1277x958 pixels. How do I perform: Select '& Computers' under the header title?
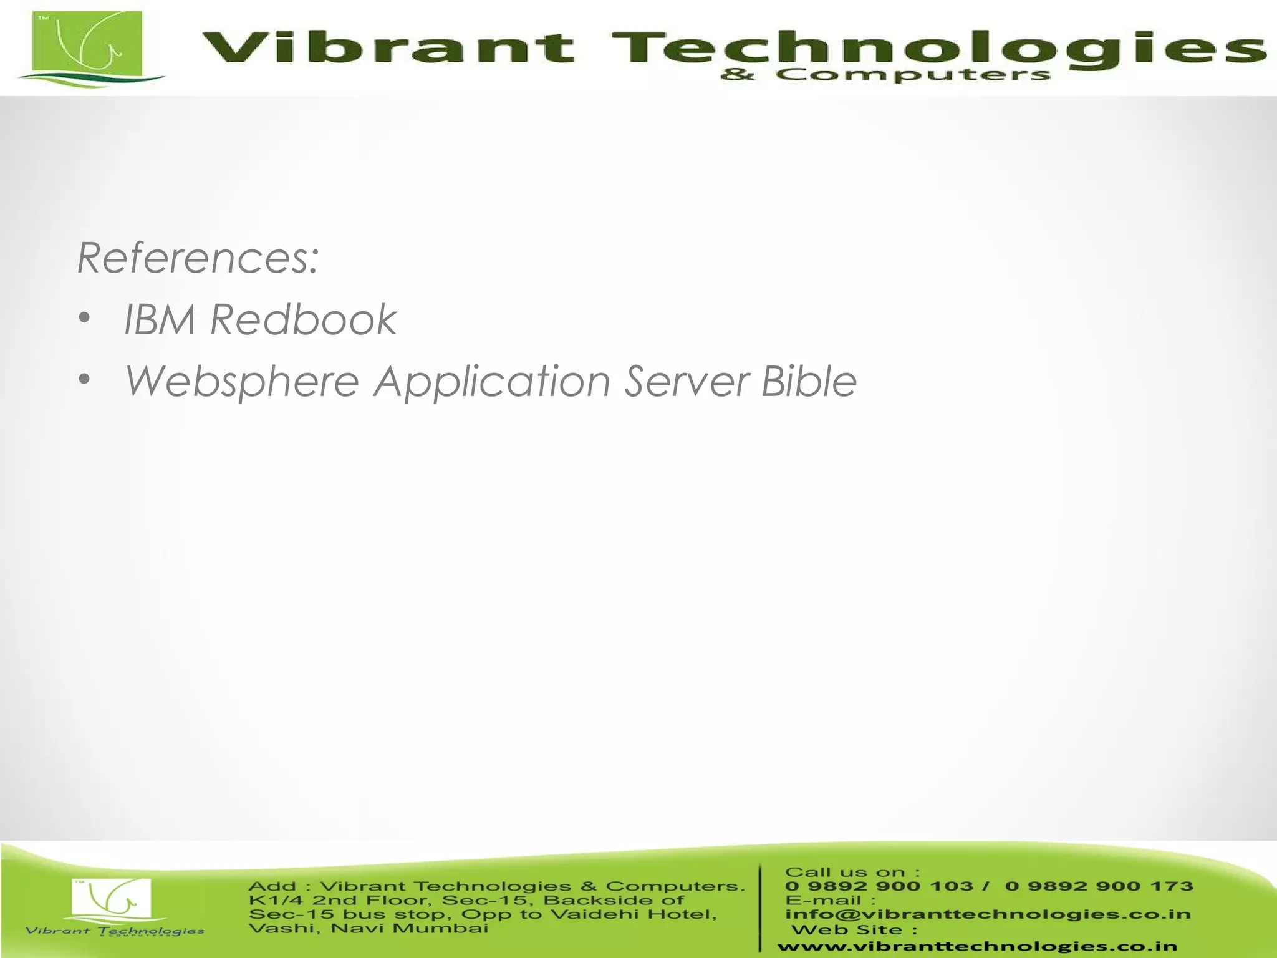pyautogui.click(x=885, y=75)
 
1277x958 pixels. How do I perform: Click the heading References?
pyautogui.click(x=198, y=258)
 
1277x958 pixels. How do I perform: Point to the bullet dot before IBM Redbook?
pyautogui.click(x=85, y=319)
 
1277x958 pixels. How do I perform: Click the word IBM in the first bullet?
pyautogui.click(x=160, y=319)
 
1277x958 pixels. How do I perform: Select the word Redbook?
pyautogui.click(x=303, y=319)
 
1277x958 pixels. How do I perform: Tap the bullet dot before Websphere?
pyautogui.click(x=85, y=380)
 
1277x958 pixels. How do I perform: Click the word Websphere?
pyautogui.click(x=242, y=382)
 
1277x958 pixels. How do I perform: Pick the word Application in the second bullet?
pyautogui.click(x=492, y=382)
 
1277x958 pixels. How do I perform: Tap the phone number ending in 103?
pyautogui.click(x=879, y=886)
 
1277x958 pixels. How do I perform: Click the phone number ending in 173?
pyautogui.click(x=1099, y=886)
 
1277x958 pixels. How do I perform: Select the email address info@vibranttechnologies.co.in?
pyautogui.click(x=988, y=914)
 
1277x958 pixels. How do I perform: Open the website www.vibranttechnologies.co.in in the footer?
pyautogui.click(x=977, y=947)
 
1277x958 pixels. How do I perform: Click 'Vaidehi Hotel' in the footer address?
pyautogui.click(x=634, y=914)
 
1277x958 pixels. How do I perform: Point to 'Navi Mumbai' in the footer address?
pyautogui.click(x=409, y=929)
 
